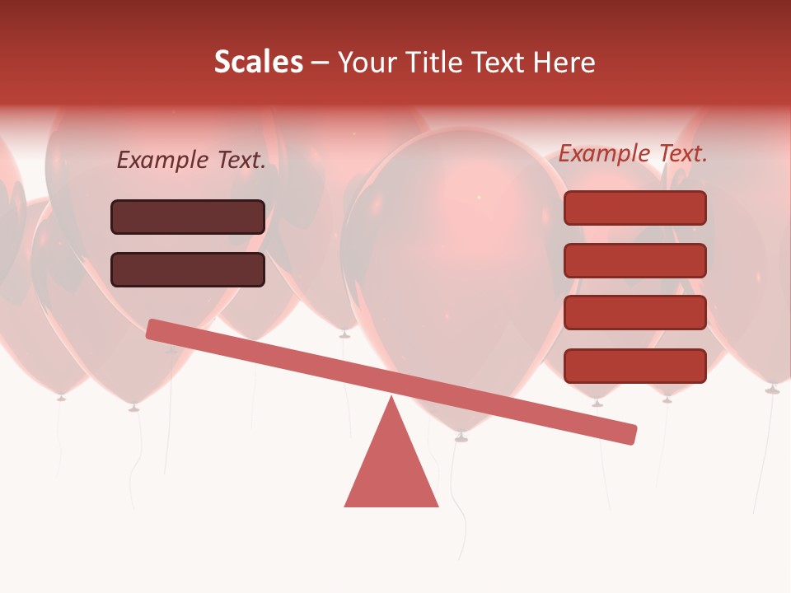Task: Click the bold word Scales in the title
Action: (x=258, y=62)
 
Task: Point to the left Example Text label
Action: (x=191, y=161)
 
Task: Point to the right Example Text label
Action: (x=633, y=153)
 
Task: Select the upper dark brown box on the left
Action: (x=188, y=217)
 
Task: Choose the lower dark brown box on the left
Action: (x=188, y=269)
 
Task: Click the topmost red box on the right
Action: (x=634, y=208)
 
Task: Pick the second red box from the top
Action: (x=634, y=260)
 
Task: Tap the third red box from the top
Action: (x=634, y=313)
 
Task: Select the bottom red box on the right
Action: (x=634, y=366)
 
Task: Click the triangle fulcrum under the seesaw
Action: (x=391, y=469)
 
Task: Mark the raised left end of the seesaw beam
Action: (x=153, y=329)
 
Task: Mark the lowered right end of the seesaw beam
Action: (x=630, y=434)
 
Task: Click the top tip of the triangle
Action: (x=391, y=399)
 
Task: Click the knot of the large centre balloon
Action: (x=461, y=437)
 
